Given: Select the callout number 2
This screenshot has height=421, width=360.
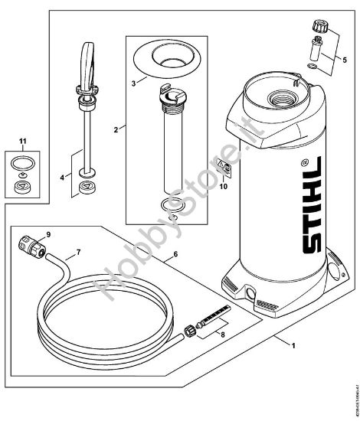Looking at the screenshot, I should pyautogui.click(x=116, y=130).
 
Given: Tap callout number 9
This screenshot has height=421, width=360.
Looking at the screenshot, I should pyautogui.click(x=48, y=233).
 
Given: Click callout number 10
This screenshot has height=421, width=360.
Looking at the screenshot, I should pyautogui.click(x=225, y=184).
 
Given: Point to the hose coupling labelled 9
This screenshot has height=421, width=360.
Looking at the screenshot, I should pyautogui.click(x=30, y=247).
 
